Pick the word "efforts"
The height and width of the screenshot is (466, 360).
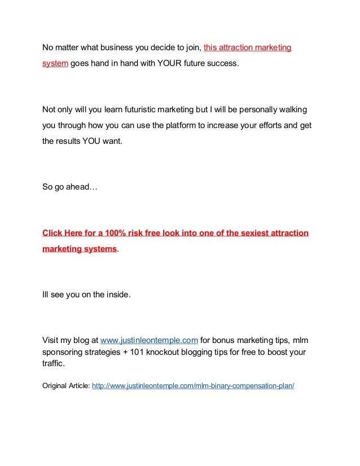tap(266, 125)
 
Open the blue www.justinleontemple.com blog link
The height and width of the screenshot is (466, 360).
tap(148, 340)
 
